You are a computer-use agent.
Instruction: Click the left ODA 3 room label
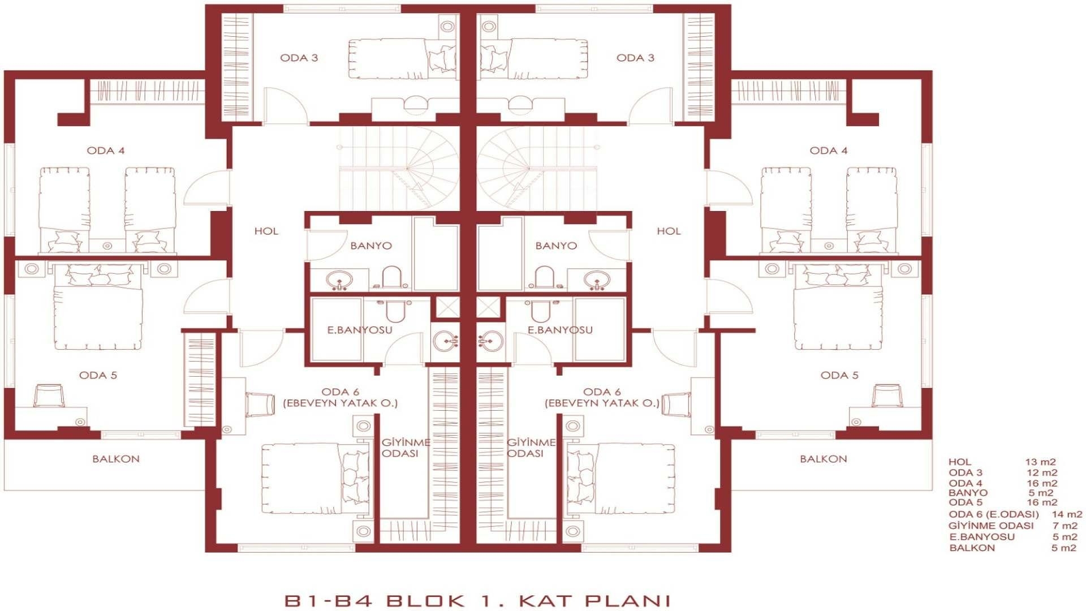(299, 58)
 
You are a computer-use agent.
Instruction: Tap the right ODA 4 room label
(828, 150)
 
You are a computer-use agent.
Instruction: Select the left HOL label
(266, 231)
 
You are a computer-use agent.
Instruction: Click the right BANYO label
(556, 246)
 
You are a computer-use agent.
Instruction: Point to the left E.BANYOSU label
(359, 330)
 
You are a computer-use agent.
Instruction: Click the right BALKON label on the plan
(823, 459)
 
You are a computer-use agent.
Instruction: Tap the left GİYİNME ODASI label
(405, 448)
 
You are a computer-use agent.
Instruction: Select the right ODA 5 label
(839, 375)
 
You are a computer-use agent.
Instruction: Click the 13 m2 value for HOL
(1040, 462)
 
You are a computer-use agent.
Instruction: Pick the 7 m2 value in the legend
(1065, 526)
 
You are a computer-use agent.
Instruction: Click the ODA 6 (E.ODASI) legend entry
(993, 514)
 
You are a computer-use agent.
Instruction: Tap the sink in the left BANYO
(339, 280)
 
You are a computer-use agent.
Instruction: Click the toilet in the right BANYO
(544, 277)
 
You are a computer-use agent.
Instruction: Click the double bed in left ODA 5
(97, 308)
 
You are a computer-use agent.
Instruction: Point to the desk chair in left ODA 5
(49, 395)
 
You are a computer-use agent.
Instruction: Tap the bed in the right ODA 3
(533, 59)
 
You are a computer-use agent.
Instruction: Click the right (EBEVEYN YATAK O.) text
(602, 403)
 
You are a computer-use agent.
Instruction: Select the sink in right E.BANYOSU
(490, 341)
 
